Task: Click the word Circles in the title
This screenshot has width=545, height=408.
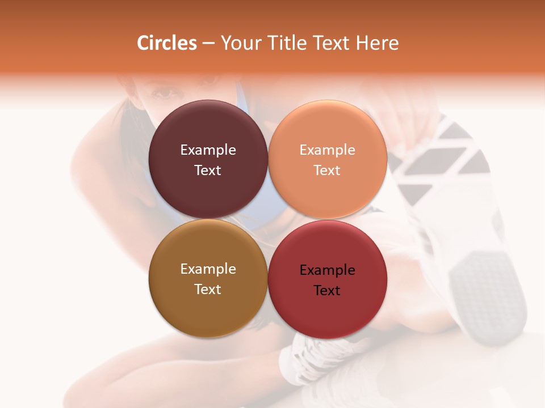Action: pos(167,43)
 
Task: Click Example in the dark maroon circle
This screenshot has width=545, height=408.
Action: pos(208,150)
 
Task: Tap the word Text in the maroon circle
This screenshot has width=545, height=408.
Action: pos(208,171)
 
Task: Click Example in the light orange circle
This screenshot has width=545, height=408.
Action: pos(328,150)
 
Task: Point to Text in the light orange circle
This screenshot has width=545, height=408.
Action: pos(328,171)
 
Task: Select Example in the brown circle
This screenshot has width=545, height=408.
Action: pos(208,269)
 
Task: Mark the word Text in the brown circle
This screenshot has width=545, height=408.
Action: pos(208,290)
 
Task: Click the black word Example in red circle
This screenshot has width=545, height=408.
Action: pos(328,270)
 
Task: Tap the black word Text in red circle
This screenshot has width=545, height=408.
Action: pos(328,291)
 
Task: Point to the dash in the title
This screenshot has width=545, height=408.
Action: pos(208,44)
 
